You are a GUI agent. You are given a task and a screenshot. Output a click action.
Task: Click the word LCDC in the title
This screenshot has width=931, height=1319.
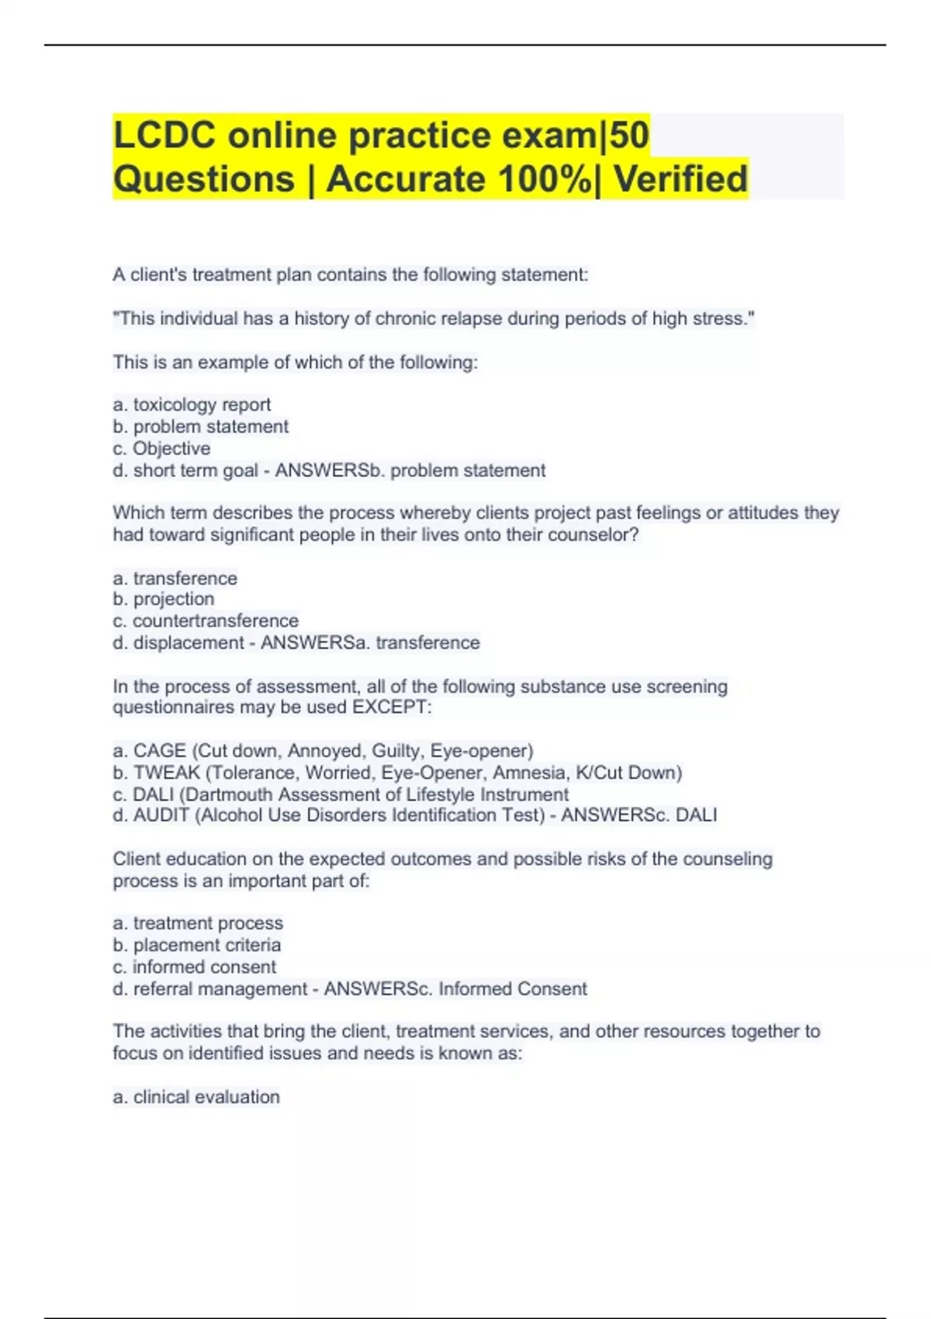point(165,135)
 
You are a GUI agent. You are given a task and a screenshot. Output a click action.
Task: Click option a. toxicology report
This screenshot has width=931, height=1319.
point(192,404)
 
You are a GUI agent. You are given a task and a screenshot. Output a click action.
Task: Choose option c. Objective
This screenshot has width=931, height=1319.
point(161,448)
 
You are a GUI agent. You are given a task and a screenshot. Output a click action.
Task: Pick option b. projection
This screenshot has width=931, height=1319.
point(164,599)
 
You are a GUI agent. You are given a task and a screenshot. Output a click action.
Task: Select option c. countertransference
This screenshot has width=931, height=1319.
point(206,621)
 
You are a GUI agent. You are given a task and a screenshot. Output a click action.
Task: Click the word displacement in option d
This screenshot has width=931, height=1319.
point(189,642)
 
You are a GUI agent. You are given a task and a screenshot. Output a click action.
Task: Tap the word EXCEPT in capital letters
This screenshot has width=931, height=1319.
point(391,707)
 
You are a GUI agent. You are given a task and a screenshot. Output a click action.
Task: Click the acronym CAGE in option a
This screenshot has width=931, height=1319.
point(159,750)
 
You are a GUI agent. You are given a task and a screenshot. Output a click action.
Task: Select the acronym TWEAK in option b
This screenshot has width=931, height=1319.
point(166,773)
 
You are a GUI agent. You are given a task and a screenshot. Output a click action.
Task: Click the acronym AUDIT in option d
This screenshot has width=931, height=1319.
point(161,815)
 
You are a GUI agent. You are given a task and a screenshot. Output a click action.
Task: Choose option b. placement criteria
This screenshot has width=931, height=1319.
point(197,945)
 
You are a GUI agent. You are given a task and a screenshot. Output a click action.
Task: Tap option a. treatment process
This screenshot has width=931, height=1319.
point(198,923)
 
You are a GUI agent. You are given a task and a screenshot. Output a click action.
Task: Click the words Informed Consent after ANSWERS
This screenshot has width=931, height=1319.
point(512,988)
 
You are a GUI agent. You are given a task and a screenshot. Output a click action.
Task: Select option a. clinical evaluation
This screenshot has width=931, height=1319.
point(196,1096)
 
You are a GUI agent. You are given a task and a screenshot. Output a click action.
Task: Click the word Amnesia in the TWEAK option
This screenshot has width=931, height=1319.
point(531,773)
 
